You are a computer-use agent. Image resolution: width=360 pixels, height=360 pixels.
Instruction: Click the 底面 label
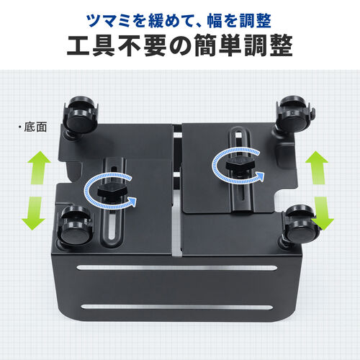[x=34, y=127]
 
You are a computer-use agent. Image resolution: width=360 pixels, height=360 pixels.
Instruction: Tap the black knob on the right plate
[x=238, y=167]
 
